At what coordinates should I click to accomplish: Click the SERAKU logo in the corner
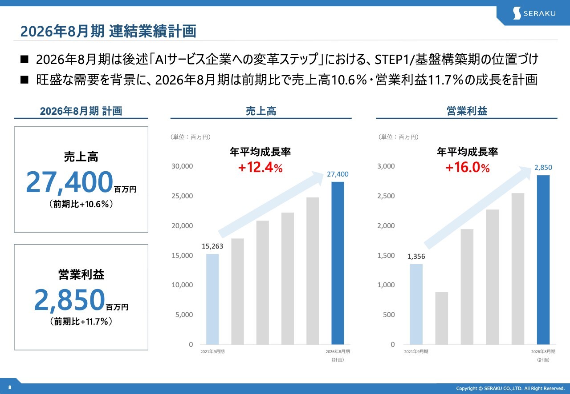click(x=534, y=13)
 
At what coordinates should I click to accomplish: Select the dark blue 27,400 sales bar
click(x=338, y=263)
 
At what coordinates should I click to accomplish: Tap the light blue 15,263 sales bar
click(x=212, y=299)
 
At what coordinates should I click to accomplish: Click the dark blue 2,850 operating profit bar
click(x=543, y=260)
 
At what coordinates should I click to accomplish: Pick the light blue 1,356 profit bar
click(x=416, y=304)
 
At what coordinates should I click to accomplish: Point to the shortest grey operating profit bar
click(x=441, y=318)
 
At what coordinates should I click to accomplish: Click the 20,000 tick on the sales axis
click(x=183, y=225)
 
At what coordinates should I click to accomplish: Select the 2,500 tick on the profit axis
click(x=386, y=196)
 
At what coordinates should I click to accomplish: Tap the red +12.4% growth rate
click(x=261, y=168)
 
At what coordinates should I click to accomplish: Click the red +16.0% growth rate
click(x=468, y=168)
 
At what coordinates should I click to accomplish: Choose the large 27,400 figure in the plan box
click(x=69, y=182)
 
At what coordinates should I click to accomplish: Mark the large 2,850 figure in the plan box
click(x=69, y=301)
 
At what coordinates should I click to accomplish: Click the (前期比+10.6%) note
click(x=81, y=204)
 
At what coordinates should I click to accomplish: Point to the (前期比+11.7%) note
click(x=81, y=322)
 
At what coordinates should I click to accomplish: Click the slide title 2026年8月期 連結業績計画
click(x=108, y=32)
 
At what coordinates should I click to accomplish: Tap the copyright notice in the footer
click(x=510, y=388)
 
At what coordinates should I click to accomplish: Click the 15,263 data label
click(x=212, y=246)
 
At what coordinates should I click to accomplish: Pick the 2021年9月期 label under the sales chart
click(x=212, y=352)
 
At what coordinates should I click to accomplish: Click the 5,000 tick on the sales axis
click(x=184, y=314)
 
